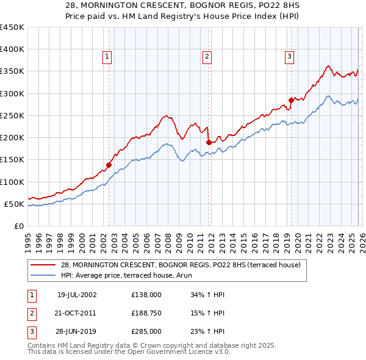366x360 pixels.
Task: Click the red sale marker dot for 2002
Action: point(109,165)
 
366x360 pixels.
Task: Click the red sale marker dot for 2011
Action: point(209,142)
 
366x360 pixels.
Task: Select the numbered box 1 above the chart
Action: point(107,57)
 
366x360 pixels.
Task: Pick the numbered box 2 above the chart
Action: point(207,57)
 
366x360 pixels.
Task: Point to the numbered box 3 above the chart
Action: point(289,57)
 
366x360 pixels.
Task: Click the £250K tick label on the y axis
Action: point(12,115)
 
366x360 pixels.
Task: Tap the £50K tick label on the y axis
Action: point(15,204)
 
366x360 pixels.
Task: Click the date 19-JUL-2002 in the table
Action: point(76,295)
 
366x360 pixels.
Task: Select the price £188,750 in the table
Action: point(146,313)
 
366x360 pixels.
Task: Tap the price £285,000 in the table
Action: point(146,331)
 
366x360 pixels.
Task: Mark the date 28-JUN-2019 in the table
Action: point(76,331)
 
